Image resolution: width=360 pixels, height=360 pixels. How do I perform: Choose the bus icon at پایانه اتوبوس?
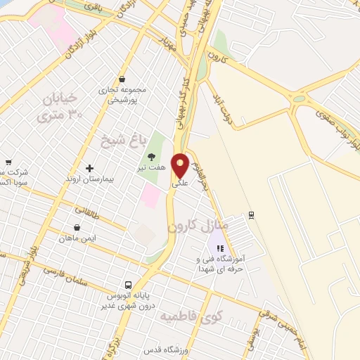(128, 285)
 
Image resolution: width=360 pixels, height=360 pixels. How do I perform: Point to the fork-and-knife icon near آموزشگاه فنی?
(219, 248)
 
